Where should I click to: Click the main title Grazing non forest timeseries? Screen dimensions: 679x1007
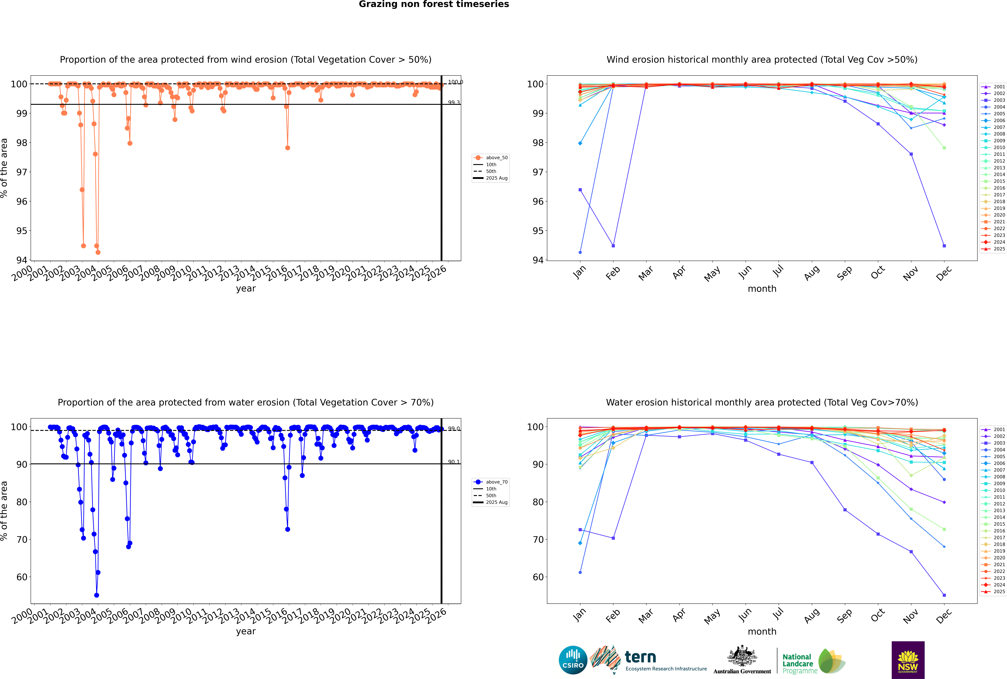(x=434, y=4)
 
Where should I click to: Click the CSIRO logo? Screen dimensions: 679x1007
(x=573, y=660)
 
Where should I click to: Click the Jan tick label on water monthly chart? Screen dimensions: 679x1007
(x=579, y=615)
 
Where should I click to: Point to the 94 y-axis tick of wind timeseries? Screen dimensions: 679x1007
(x=22, y=260)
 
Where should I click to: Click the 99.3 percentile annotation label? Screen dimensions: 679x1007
(x=454, y=103)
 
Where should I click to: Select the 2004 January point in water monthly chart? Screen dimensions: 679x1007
(x=580, y=572)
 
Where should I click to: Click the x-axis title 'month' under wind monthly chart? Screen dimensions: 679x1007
(x=762, y=289)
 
